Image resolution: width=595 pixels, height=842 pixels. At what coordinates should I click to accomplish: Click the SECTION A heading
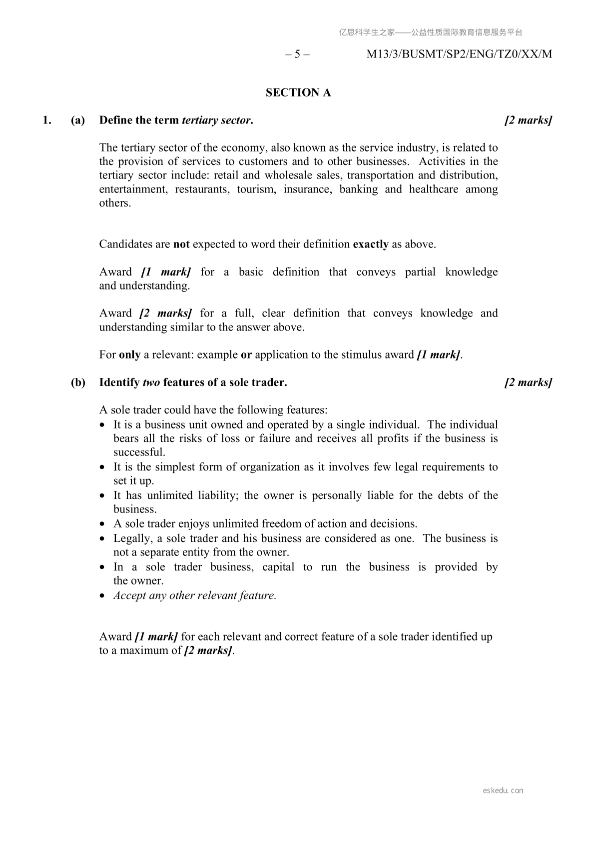[298, 93]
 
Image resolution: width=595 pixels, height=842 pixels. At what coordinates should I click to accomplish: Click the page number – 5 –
[297, 54]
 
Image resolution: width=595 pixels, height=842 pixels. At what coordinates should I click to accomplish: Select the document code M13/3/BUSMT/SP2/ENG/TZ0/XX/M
[459, 54]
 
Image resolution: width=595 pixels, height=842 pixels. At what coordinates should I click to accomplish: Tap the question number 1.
[47, 120]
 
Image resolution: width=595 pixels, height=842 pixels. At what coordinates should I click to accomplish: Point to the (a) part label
[78, 120]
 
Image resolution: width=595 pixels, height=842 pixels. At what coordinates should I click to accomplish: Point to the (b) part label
[78, 382]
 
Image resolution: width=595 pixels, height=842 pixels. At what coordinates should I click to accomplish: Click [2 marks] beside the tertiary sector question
[528, 120]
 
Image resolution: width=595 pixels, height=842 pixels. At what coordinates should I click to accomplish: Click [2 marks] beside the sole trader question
[528, 382]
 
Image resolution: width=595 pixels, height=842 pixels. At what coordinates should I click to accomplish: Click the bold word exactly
[370, 244]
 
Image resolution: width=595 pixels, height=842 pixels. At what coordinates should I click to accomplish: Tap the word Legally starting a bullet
[132, 538]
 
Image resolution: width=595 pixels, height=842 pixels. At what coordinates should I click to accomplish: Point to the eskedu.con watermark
[503, 790]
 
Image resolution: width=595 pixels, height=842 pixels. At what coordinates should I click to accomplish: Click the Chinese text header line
[431, 32]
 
